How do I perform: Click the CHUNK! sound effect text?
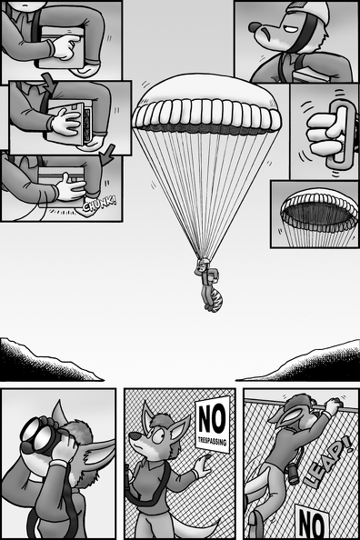100,205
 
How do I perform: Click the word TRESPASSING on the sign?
214,441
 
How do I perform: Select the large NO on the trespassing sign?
212,417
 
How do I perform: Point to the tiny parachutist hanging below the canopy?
208,285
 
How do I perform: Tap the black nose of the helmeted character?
255,26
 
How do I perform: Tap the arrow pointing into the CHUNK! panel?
107,155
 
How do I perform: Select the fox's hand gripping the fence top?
333,405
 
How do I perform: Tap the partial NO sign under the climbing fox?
312,523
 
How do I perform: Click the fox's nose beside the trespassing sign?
134,437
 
